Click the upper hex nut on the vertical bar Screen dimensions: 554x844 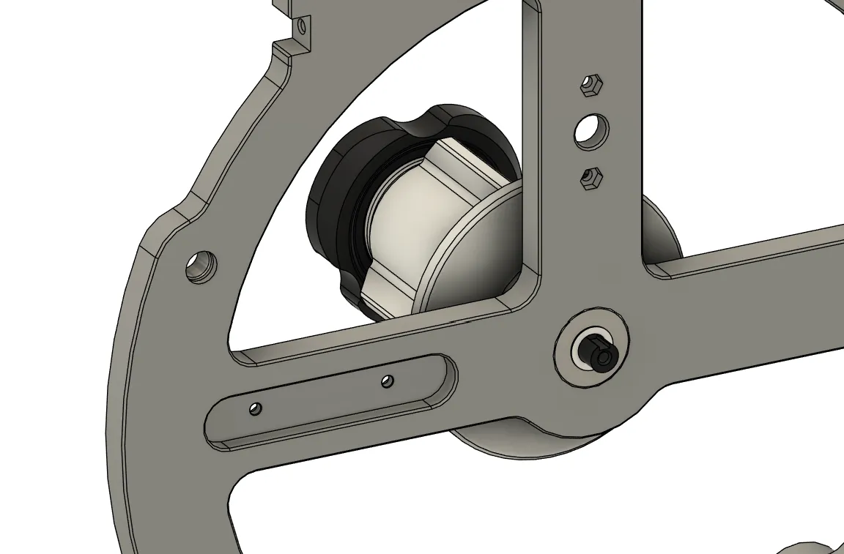coord(591,86)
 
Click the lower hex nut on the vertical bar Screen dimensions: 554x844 coord(591,177)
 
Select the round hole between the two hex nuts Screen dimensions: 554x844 coord(591,131)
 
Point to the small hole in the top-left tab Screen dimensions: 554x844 coord(301,27)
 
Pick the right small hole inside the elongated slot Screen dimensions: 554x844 coord(388,381)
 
